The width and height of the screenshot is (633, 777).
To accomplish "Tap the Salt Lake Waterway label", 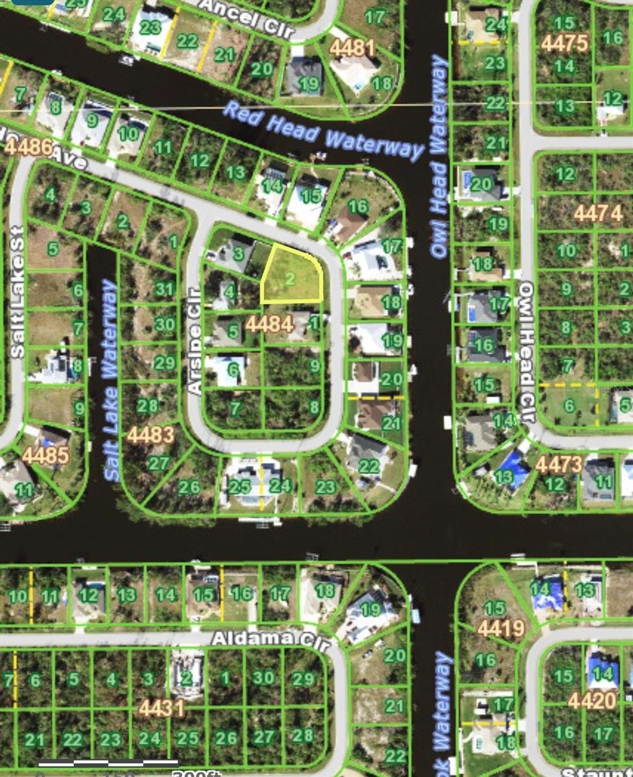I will [x=111, y=380].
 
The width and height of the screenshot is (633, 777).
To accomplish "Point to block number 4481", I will [x=352, y=47].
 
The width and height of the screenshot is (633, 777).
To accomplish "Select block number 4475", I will [x=564, y=43].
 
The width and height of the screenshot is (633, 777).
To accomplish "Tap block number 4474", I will [x=598, y=214].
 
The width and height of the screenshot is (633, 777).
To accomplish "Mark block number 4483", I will [x=150, y=435].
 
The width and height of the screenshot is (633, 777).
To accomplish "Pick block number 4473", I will [x=559, y=464].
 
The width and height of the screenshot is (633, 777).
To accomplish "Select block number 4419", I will [x=501, y=629].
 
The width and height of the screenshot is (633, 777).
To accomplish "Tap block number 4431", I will [x=161, y=708].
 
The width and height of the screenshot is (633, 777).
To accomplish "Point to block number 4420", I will [x=592, y=701].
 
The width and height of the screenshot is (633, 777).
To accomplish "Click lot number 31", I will [x=164, y=289].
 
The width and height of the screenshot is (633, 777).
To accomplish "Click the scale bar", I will [x=108, y=764].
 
